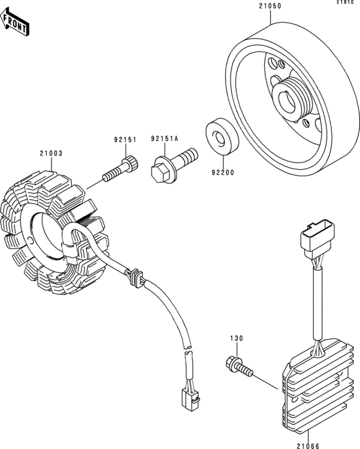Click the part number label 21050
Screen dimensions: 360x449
[x=270, y=6]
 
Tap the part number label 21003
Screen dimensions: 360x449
[x=51, y=154]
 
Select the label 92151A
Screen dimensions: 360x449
[x=165, y=139]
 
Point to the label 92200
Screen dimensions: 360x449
[x=222, y=172]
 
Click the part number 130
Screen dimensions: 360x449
[x=237, y=338]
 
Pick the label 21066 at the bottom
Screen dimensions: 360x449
[x=308, y=446]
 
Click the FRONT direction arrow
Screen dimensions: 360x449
[x=14, y=23]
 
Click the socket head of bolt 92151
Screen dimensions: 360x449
[x=130, y=163]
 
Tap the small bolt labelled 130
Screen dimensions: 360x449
[x=239, y=367]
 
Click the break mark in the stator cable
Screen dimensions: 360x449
[x=188, y=349]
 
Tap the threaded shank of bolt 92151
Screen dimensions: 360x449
[x=113, y=174]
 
